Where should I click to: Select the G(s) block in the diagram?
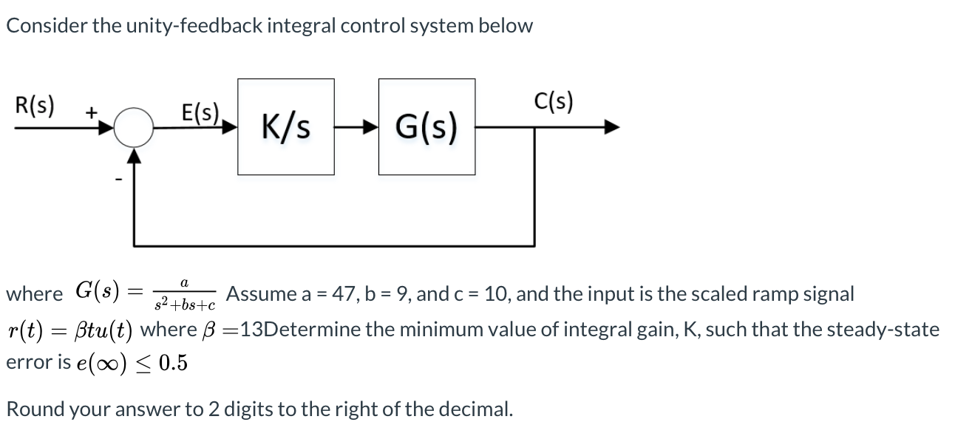pyautogui.click(x=426, y=126)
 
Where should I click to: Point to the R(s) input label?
pyautogui.click(x=34, y=104)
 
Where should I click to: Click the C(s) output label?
pyautogui.click(x=553, y=102)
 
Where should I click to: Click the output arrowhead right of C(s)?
pyautogui.click(x=611, y=127)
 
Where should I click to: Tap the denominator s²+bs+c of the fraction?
pyautogui.click(x=184, y=304)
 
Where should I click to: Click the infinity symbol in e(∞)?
pyautogui.click(x=115, y=364)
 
